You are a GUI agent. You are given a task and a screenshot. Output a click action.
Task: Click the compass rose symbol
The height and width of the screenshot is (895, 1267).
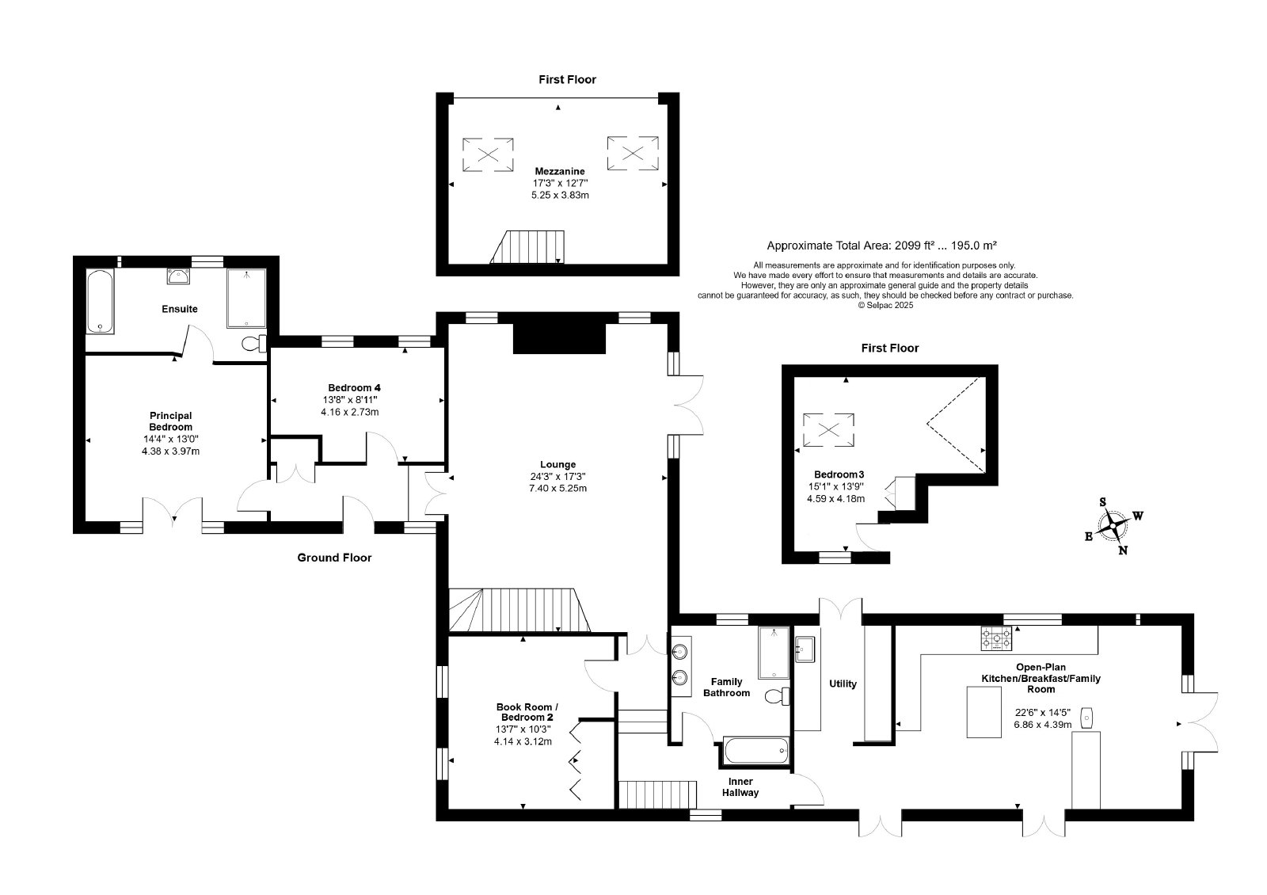click(x=1113, y=526)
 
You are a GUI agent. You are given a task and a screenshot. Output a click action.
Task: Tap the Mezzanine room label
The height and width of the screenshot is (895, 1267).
click(x=560, y=171)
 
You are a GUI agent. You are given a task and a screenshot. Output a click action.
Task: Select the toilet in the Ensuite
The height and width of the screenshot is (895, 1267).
click(x=254, y=344)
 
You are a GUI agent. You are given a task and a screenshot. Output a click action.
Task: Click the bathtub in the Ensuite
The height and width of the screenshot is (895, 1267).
click(x=101, y=301)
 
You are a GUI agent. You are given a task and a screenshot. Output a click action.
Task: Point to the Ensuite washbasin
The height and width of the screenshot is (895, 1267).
click(x=178, y=276)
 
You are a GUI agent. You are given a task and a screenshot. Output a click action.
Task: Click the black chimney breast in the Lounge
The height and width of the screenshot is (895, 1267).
click(x=559, y=338)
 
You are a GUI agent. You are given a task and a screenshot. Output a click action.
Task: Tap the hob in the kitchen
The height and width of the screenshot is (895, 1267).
click(x=996, y=638)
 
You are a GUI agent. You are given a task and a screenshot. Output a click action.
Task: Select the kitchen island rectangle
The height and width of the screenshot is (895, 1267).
click(x=984, y=712)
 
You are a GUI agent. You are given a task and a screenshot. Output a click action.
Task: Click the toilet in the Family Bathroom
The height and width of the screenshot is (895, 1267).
click(x=778, y=696)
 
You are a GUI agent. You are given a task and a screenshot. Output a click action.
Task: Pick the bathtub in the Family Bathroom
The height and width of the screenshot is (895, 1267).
click(x=755, y=751)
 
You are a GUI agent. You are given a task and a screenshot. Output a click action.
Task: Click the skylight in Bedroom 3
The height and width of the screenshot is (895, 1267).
click(x=828, y=430)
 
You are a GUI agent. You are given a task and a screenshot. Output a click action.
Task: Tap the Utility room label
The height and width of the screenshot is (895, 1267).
click(x=843, y=684)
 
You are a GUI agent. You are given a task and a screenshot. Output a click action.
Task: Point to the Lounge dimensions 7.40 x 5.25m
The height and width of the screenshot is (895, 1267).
click(x=557, y=488)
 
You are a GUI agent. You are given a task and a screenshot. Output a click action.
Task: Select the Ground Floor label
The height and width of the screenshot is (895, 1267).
click(x=334, y=558)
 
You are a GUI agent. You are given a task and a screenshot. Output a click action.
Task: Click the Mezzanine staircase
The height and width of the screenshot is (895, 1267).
click(x=527, y=246)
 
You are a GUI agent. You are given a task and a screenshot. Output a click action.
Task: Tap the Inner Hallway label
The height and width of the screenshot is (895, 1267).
click(x=740, y=787)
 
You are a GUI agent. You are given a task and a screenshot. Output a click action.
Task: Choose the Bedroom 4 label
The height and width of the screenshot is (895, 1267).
click(x=354, y=387)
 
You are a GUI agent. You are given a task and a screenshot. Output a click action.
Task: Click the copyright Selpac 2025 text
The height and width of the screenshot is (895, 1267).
click(x=885, y=306)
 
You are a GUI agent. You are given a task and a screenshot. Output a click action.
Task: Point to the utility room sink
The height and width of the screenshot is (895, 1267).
click(x=805, y=649)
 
